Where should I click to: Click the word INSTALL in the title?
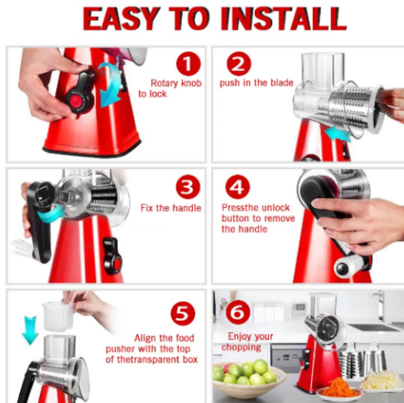click(x=283, y=19)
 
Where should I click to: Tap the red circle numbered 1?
click(x=188, y=64)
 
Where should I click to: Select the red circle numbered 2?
click(x=239, y=64)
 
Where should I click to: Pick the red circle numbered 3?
click(x=188, y=187)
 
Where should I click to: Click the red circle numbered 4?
click(x=237, y=187)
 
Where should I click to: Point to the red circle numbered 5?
click(x=183, y=313)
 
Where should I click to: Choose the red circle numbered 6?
click(x=238, y=312)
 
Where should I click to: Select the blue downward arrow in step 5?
click(x=30, y=330)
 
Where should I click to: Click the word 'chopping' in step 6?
click(x=241, y=348)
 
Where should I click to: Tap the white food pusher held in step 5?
click(x=57, y=317)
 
